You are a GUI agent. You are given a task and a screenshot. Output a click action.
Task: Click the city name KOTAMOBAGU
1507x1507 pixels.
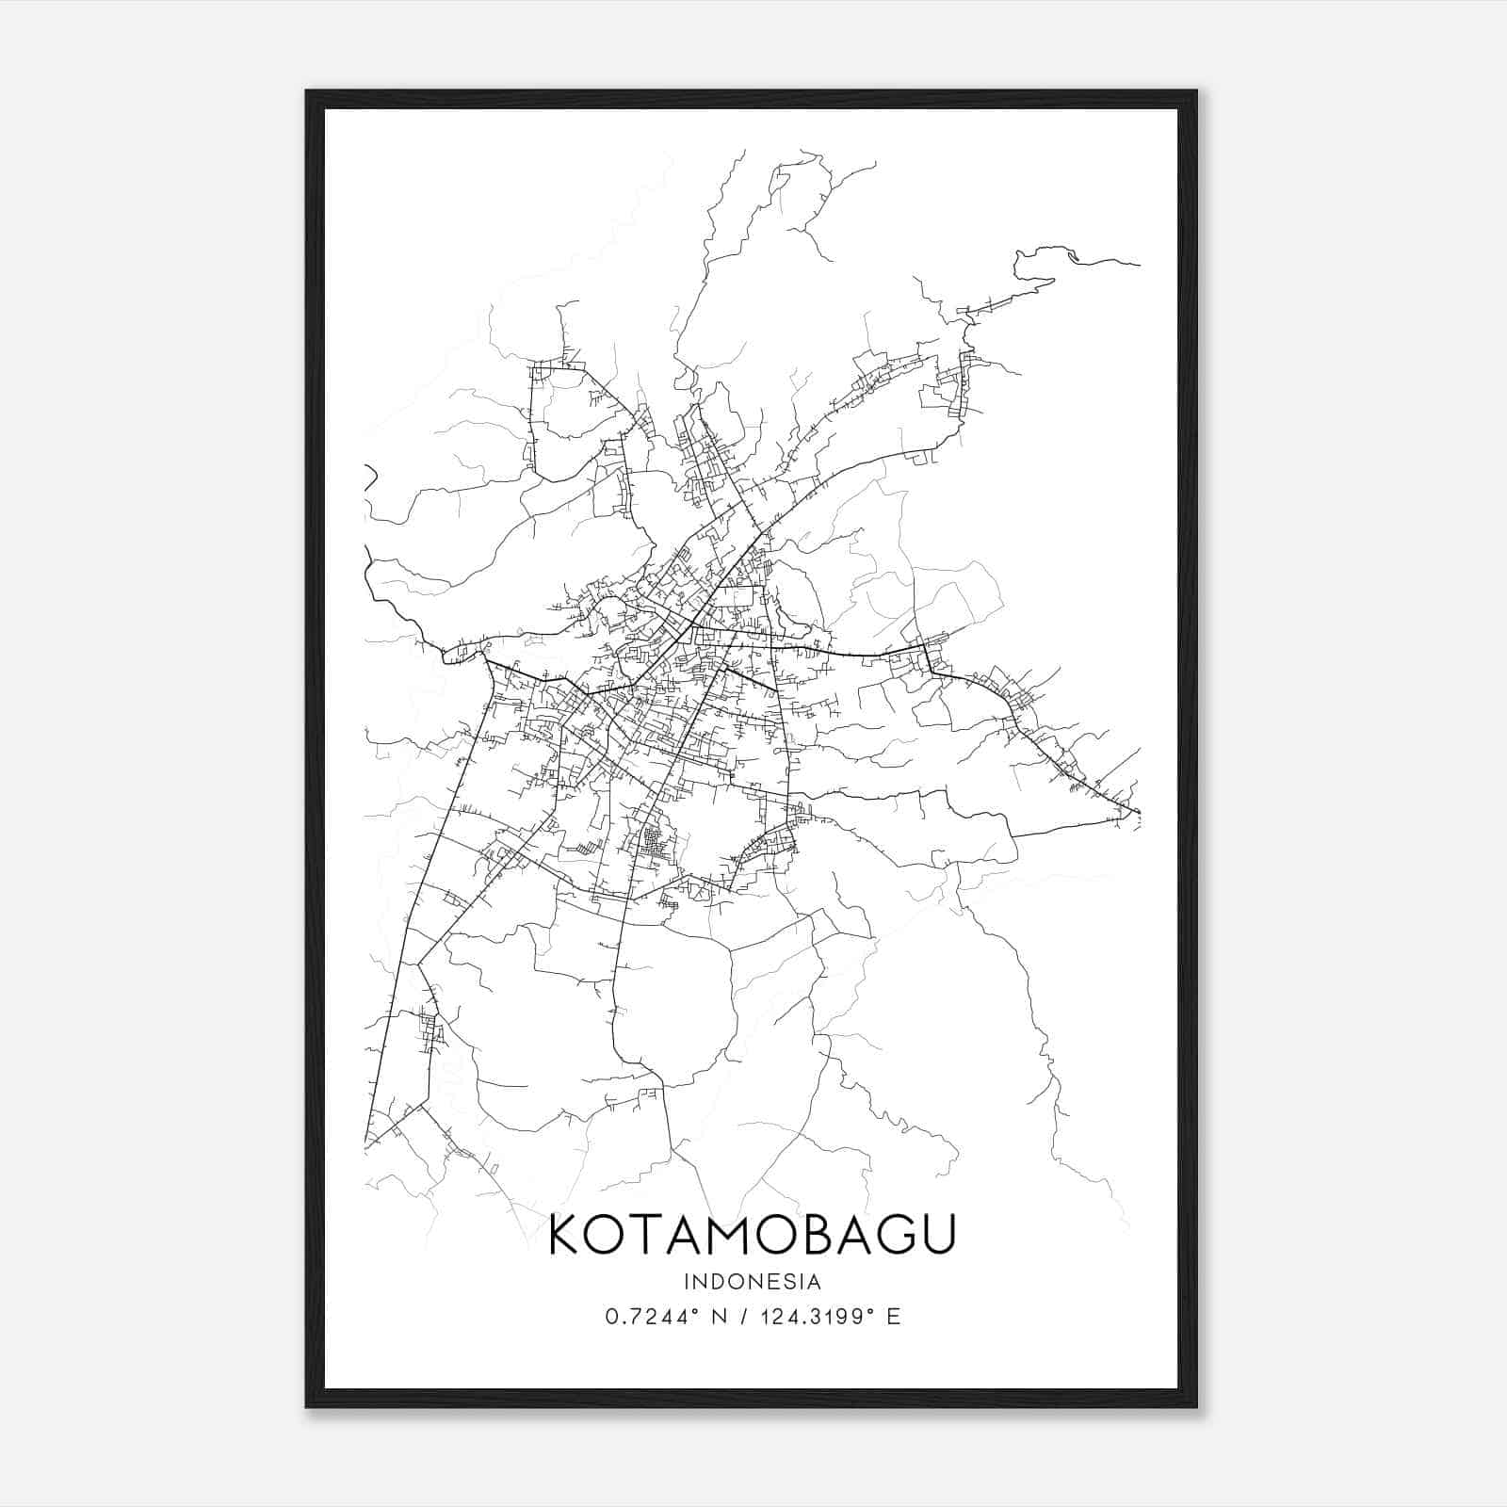pos(753,1235)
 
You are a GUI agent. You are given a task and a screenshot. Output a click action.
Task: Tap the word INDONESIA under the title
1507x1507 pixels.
pos(753,1282)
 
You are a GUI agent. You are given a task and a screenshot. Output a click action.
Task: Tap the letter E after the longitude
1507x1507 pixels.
pos(894,1317)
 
